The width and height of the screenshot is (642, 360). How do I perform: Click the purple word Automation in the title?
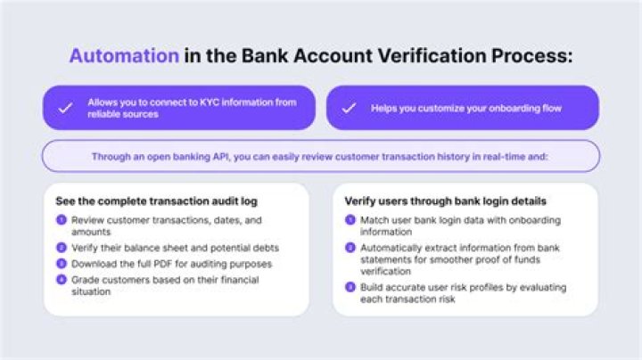124,55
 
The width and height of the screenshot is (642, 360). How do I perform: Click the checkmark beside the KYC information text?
65,108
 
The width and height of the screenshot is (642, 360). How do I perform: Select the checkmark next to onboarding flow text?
349,108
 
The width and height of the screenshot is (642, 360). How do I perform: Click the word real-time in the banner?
511,156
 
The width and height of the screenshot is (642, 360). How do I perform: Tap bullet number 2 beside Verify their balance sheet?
62,247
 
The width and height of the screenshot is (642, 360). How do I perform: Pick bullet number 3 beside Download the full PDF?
62,264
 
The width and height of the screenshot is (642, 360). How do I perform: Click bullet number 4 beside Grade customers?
62,281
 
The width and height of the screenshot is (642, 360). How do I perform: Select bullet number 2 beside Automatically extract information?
350,247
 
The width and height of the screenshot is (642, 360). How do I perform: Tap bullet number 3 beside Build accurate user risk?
350,287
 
